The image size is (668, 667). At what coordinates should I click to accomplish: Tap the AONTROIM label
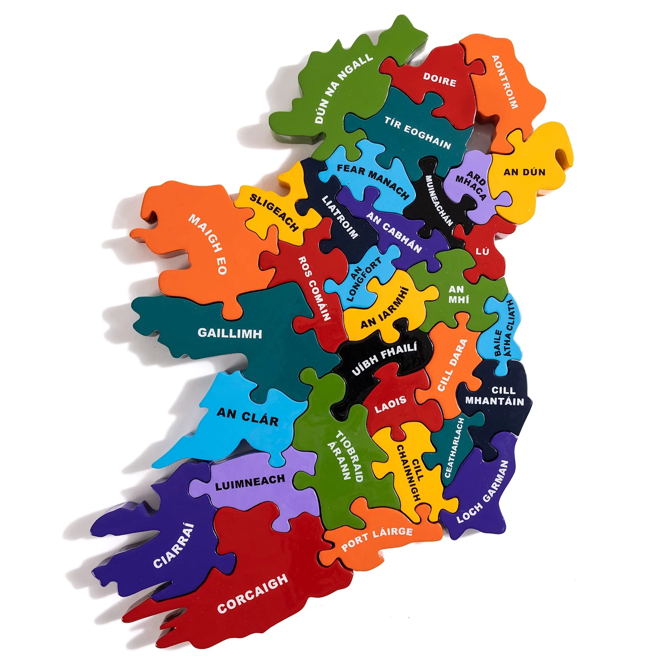505,82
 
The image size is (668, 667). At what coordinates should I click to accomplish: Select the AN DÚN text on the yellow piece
524,172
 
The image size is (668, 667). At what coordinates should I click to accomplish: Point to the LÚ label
482,252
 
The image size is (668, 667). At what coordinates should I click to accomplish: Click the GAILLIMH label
230,333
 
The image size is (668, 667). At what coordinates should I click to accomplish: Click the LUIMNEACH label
250,482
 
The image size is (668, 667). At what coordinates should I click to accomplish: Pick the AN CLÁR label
247,416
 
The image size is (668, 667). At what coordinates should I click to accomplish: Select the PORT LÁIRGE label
377,539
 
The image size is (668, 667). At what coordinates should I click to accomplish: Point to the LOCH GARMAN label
482,492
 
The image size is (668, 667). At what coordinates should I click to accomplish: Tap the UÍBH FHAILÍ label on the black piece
384,359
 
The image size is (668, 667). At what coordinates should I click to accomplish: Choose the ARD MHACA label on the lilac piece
471,185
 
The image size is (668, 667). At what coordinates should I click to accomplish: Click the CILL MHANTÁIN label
494,396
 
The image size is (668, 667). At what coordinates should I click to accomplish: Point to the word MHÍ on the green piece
459,299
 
